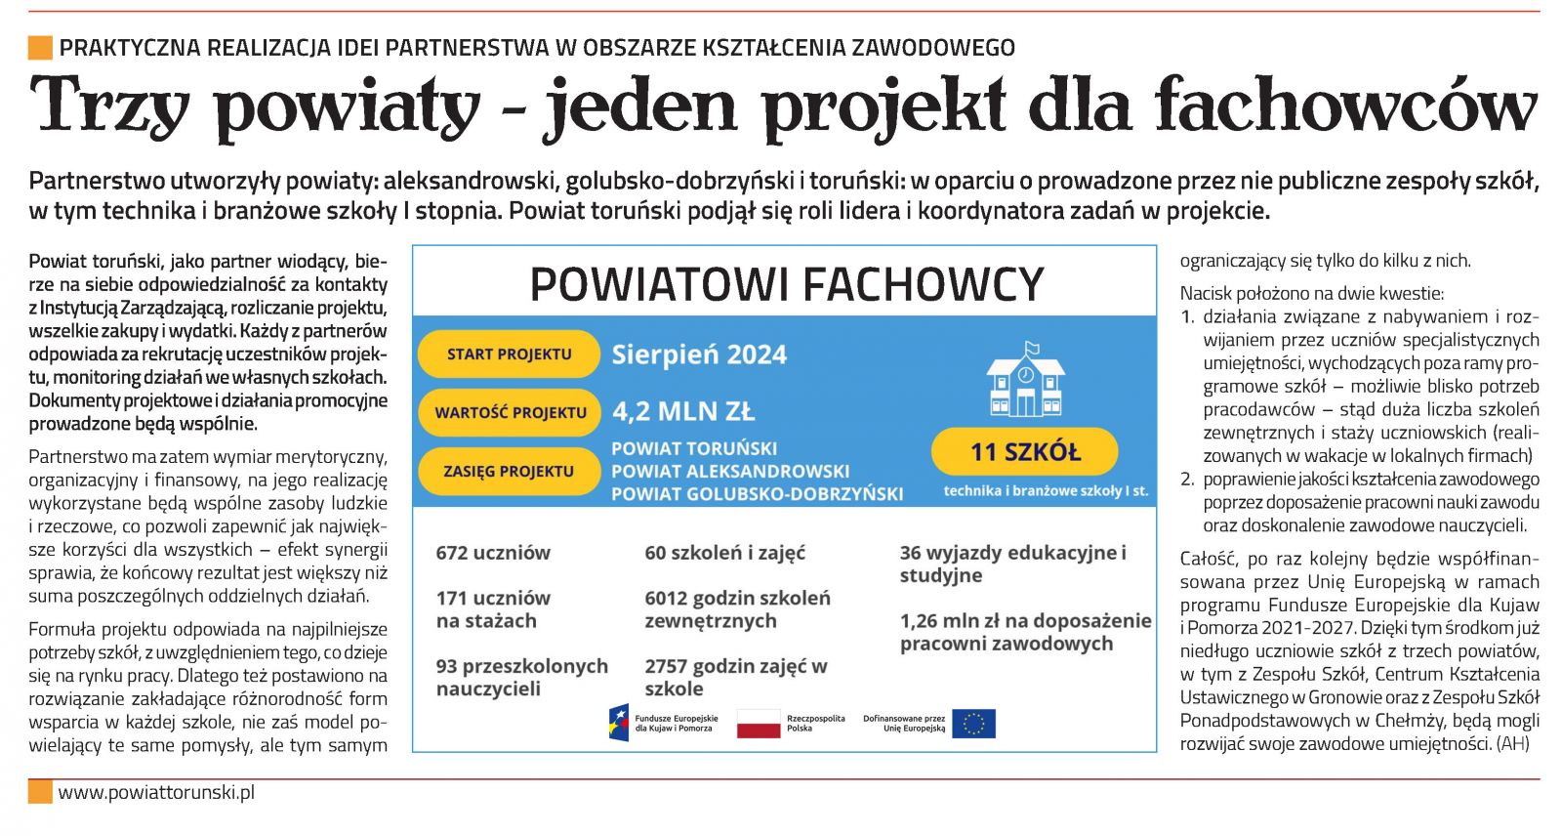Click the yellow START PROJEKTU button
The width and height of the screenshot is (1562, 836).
509,355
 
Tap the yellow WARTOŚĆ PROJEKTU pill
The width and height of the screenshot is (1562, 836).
510,412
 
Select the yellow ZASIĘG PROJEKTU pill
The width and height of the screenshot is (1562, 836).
509,471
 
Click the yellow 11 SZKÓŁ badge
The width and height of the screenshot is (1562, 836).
1024,452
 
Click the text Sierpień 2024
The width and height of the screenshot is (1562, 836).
699,355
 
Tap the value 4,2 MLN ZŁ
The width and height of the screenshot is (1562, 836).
683,411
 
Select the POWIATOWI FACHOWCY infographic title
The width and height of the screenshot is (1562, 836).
786,284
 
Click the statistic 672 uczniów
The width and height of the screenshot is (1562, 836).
493,553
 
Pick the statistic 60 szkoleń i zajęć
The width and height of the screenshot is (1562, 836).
724,553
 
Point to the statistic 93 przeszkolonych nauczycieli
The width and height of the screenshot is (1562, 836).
521,677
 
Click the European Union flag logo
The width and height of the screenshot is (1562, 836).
973,724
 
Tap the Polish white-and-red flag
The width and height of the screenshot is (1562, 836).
759,724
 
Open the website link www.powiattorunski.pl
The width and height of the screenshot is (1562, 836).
156,792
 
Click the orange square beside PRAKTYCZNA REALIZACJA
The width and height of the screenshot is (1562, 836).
40,47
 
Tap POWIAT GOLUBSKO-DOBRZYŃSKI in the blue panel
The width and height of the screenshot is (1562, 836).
757,494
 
